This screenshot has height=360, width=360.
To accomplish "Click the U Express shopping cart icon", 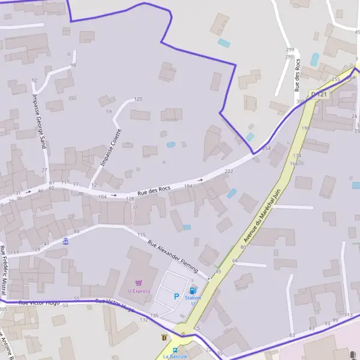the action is coord(139,283).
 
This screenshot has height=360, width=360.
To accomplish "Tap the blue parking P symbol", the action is coord(176,296).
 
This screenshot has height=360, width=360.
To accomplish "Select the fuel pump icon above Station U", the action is coord(193,290).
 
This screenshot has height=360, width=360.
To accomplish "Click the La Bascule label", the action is coord(175,356).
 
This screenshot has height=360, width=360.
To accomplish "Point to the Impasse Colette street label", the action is coord(111,148).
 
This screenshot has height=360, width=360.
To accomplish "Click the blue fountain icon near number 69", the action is coord(65,241).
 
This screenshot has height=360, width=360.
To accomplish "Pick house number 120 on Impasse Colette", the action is coord(138,99).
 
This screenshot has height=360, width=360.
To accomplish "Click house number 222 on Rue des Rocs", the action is coord(229,171).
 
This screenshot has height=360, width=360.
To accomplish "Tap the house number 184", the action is coord(188,187).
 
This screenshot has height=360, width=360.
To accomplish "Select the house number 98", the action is coord(73,65).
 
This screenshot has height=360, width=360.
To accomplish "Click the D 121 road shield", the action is coord(319,94).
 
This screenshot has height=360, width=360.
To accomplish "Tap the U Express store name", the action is coord(139,291).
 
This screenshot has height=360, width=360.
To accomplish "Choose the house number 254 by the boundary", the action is coord(266,148).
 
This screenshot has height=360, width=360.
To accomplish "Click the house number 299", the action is coord(290,50).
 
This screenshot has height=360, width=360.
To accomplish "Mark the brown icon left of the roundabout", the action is coord(164,338).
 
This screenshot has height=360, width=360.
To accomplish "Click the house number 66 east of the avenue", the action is coord(235,261).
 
